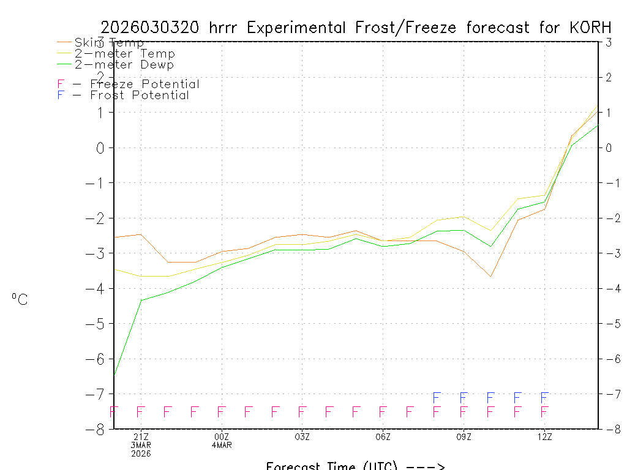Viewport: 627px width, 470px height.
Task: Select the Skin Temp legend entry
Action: pyautogui.click(x=109, y=43)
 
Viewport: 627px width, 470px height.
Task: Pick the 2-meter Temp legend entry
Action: pyautogui.click(x=124, y=54)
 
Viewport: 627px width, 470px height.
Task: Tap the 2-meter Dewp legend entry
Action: pyautogui.click(x=124, y=65)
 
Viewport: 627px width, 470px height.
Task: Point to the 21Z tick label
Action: pyautogui.click(x=141, y=437)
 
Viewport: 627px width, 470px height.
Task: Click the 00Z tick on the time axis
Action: pyautogui.click(x=222, y=437)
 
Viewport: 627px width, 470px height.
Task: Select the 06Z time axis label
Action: pyautogui.click(x=383, y=437)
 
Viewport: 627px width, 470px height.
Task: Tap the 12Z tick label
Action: pyautogui.click(x=544, y=437)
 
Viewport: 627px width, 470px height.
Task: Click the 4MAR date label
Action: pyautogui.click(x=222, y=446)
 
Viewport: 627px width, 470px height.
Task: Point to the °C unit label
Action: pyautogui.click(x=20, y=300)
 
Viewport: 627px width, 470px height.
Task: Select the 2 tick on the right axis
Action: pyautogui.click(x=608, y=77)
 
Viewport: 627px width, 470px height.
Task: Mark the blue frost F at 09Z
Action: pyautogui.click(x=464, y=398)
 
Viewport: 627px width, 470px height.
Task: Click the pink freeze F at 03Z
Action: pyautogui.click(x=302, y=411)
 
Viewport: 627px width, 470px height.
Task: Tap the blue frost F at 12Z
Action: pyautogui.click(x=544, y=398)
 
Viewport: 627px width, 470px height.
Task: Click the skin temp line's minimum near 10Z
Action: pyautogui.click(x=490, y=277)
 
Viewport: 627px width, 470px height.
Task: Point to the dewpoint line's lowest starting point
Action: pyautogui.click(x=115, y=374)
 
